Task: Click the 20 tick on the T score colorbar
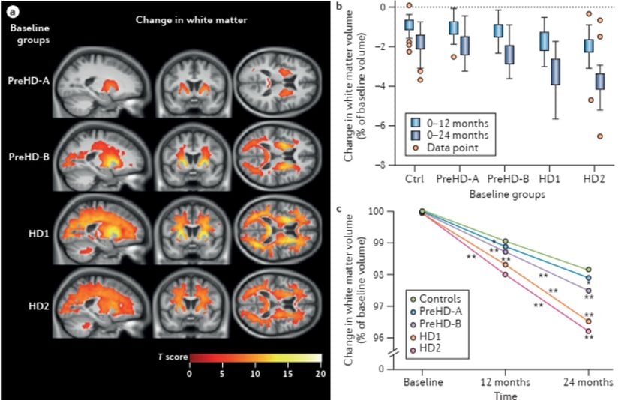(321, 372)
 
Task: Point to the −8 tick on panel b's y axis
(383, 165)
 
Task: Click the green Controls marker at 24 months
(588, 270)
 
